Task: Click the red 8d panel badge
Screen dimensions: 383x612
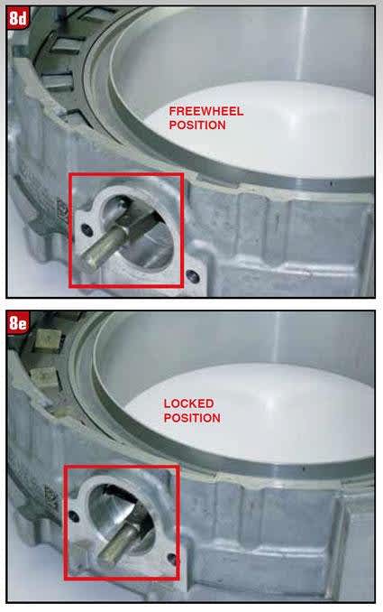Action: tap(18, 19)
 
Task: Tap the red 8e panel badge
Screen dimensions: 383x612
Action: tap(18, 323)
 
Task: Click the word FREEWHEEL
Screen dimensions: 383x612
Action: tap(206, 111)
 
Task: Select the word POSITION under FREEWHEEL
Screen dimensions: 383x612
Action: tap(197, 125)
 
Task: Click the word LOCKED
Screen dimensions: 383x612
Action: tap(188, 403)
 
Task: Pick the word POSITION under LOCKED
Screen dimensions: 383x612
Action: tap(192, 418)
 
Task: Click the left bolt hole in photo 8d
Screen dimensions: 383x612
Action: tap(87, 229)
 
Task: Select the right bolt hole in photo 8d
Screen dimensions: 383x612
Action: tap(193, 276)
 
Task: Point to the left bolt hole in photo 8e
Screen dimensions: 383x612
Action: tap(73, 516)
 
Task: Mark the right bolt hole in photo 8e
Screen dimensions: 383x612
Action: tap(171, 559)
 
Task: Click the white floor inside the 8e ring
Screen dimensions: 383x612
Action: tap(253, 413)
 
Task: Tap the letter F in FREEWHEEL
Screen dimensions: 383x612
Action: tap(173, 111)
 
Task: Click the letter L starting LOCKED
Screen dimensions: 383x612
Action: tap(167, 403)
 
